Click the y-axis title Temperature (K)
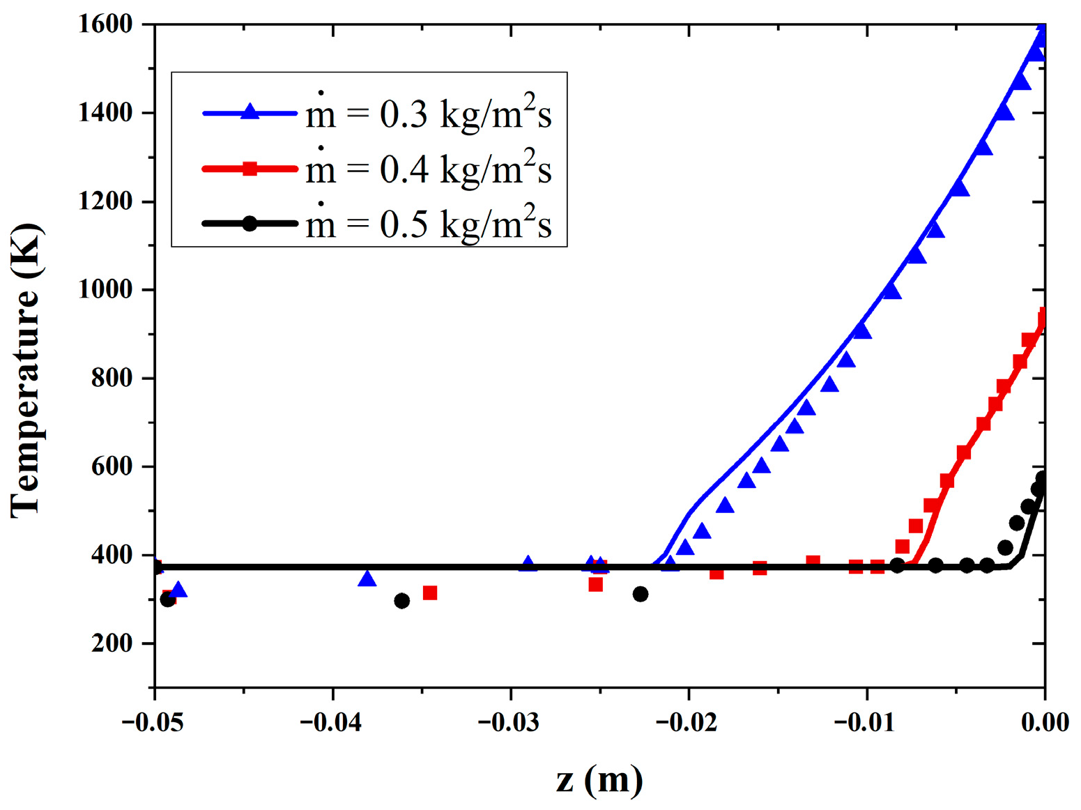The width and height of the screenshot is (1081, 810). point(26,370)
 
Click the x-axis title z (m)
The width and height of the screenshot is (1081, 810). point(599,779)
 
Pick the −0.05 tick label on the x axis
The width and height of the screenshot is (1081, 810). point(153,722)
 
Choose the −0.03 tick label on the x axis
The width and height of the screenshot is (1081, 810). point(509,722)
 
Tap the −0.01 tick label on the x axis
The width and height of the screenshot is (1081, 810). point(866,722)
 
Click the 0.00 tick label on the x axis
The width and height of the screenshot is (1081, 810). point(1045,722)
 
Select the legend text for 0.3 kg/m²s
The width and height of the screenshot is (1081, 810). point(429,113)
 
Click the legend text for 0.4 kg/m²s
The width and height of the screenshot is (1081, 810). point(429,169)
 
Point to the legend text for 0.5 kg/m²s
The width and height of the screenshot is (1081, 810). point(429,224)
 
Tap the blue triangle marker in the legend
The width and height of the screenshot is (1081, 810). point(250,112)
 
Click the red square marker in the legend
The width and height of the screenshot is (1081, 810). point(250,168)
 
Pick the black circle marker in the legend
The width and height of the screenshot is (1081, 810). point(250,224)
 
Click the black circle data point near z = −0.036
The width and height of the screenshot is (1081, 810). point(401,601)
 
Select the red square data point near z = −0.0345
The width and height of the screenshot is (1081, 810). point(430,593)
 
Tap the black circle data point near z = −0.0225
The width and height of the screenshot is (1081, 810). point(641,594)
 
